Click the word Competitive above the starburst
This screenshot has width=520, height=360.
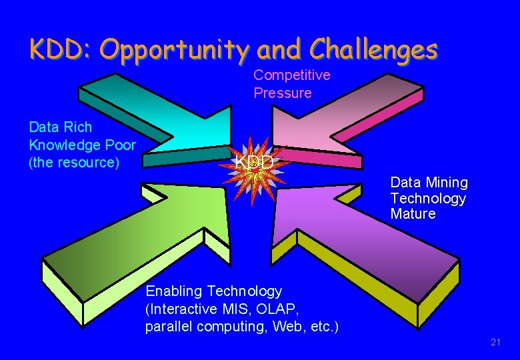click(291, 75)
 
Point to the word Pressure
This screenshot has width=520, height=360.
click(282, 93)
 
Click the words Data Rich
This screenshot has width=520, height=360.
click(61, 127)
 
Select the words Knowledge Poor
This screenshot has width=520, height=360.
click(82, 145)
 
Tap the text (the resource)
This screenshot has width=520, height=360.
click(74, 162)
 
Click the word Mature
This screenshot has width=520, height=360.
click(413, 214)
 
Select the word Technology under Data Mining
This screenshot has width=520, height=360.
click(428, 199)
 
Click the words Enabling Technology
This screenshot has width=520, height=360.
click(214, 291)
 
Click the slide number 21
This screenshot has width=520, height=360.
click(495, 343)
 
